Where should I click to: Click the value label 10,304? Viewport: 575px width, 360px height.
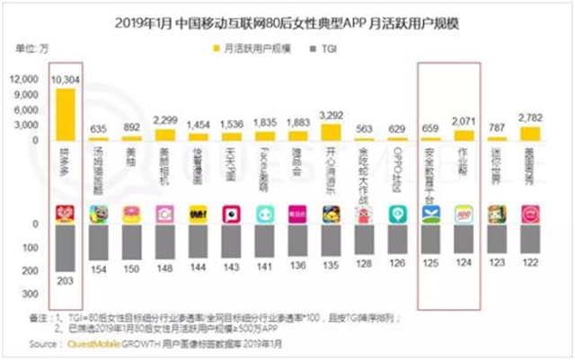(x=67, y=80)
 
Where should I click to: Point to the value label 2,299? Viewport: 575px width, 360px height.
(x=165, y=119)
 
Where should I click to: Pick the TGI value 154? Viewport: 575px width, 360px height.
(x=100, y=268)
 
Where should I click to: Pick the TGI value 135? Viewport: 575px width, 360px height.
(x=332, y=265)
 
